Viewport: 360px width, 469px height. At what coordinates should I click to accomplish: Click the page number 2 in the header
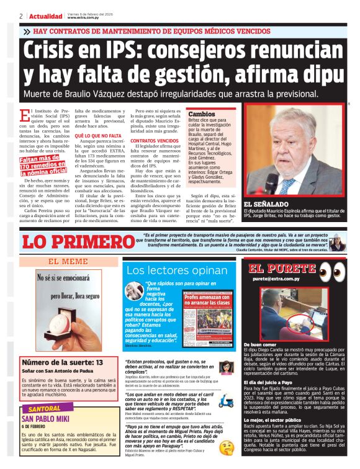click(21, 16)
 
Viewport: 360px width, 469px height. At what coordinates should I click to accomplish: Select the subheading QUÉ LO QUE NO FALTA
click(99, 135)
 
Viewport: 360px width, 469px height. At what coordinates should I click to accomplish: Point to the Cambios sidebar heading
click(201, 114)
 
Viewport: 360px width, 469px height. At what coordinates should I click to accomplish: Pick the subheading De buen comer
click(261, 344)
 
